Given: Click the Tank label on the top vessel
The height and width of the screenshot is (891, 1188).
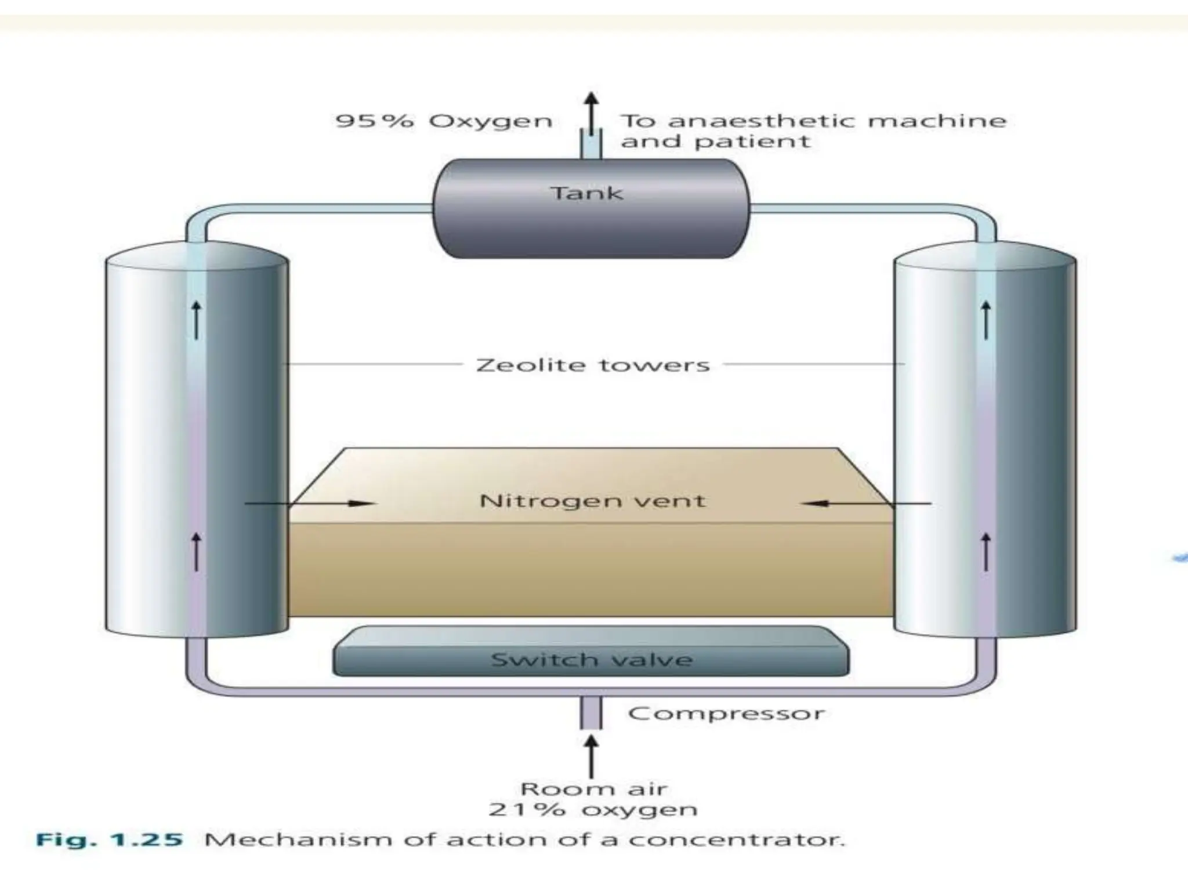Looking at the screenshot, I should [x=586, y=193].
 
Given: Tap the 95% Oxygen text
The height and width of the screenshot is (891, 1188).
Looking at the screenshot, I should [x=444, y=121].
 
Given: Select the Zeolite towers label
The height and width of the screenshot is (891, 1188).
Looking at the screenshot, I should [x=593, y=365].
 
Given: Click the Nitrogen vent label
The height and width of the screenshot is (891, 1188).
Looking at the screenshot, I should [x=592, y=501].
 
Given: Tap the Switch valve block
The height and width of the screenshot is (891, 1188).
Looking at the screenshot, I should [x=591, y=660].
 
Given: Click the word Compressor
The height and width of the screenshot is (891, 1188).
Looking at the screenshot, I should [x=726, y=713].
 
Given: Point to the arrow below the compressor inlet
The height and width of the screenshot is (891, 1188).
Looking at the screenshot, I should [x=591, y=756].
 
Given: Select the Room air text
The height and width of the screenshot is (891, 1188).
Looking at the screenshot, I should [x=593, y=789].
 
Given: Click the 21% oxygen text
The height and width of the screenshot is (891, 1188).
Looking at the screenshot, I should [x=593, y=810].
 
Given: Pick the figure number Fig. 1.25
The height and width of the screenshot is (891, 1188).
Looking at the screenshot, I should [x=110, y=840].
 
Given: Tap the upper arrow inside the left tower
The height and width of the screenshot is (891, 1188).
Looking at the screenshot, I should [x=197, y=320].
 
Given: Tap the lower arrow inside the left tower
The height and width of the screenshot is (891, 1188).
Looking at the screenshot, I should [x=197, y=552].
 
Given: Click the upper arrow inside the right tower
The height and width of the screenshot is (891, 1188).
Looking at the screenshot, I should [x=986, y=320].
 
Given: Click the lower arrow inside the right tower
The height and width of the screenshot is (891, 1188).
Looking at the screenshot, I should [x=986, y=552].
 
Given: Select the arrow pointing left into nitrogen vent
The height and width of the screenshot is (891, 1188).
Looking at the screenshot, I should [x=864, y=504].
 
